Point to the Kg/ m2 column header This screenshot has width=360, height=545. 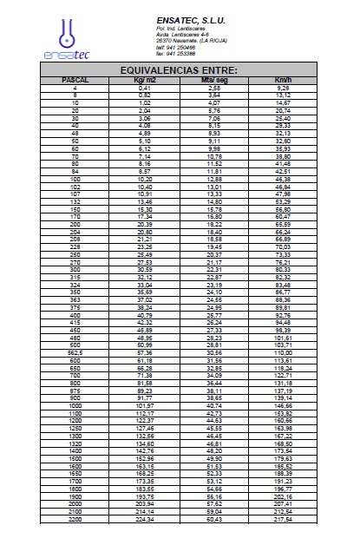pyautogui.click(x=144, y=80)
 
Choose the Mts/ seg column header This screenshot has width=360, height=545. pyautogui.click(x=213, y=80)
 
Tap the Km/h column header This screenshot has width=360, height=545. pyautogui.click(x=282, y=80)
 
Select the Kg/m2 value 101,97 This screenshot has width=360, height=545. pyautogui.click(x=144, y=405)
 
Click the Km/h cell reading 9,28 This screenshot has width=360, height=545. pyautogui.click(x=282, y=88)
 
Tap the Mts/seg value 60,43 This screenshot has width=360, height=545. pyautogui.click(x=213, y=520)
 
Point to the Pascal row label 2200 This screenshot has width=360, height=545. pyautogui.click(x=76, y=520)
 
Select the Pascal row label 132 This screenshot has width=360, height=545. pyautogui.click(x=76, y=200)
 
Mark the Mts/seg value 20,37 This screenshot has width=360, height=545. pyautogui.click(x=213, y=254)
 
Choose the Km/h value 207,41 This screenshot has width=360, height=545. pyautogui.click(x=282, y=503)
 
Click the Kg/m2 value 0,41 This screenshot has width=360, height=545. pyautogui.click(x=144, y=88)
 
